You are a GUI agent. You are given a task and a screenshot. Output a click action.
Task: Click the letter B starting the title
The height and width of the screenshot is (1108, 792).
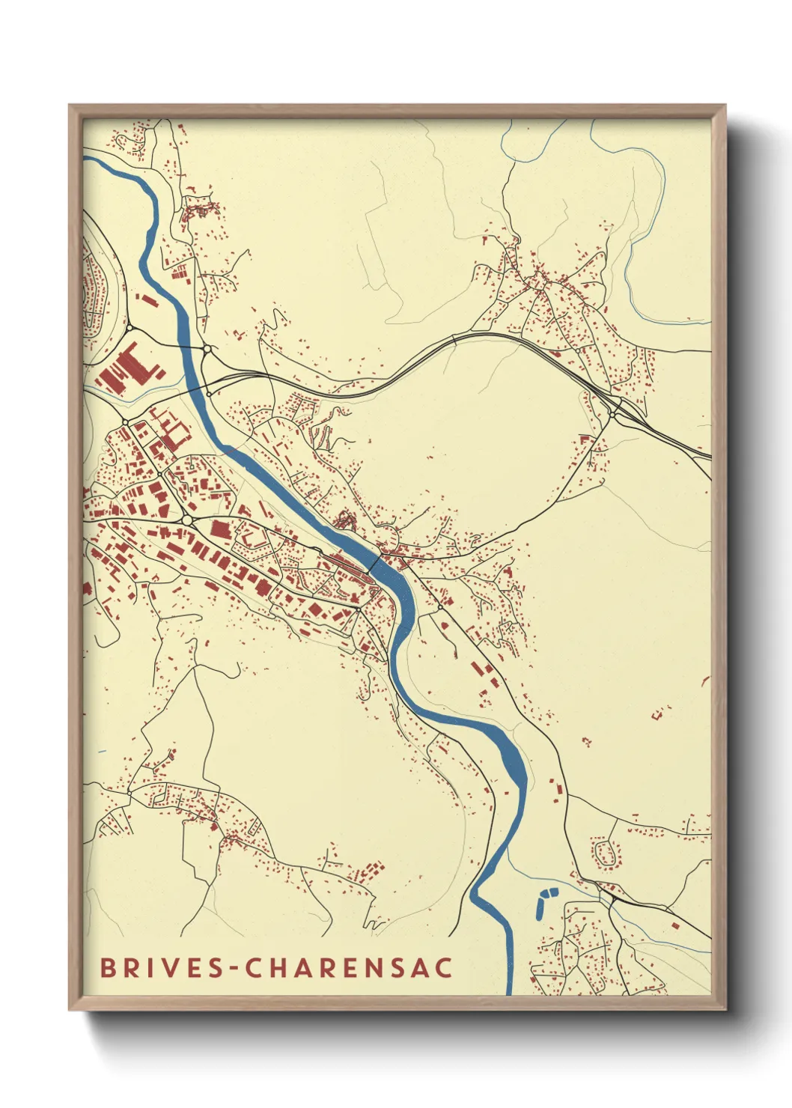(107, 967)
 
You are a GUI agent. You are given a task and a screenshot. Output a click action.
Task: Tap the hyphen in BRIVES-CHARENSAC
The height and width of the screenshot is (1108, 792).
(235, 969)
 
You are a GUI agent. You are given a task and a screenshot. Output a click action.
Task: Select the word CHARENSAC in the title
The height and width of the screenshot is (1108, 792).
(350, 967)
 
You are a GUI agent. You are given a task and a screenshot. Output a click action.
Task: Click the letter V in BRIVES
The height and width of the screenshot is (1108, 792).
(165, 967)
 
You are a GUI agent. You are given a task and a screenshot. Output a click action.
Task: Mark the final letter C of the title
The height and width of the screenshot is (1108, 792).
(444, 967)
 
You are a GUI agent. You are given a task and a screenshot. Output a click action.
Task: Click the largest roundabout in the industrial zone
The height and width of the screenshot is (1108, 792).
(186, 519)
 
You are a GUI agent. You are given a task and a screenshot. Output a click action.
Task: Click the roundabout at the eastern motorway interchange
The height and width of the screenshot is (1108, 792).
(613, 414)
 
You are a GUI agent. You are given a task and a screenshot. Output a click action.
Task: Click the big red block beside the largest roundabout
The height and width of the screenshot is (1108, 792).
(219, 529)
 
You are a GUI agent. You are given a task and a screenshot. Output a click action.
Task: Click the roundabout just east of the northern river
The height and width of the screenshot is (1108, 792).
(207, 349)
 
